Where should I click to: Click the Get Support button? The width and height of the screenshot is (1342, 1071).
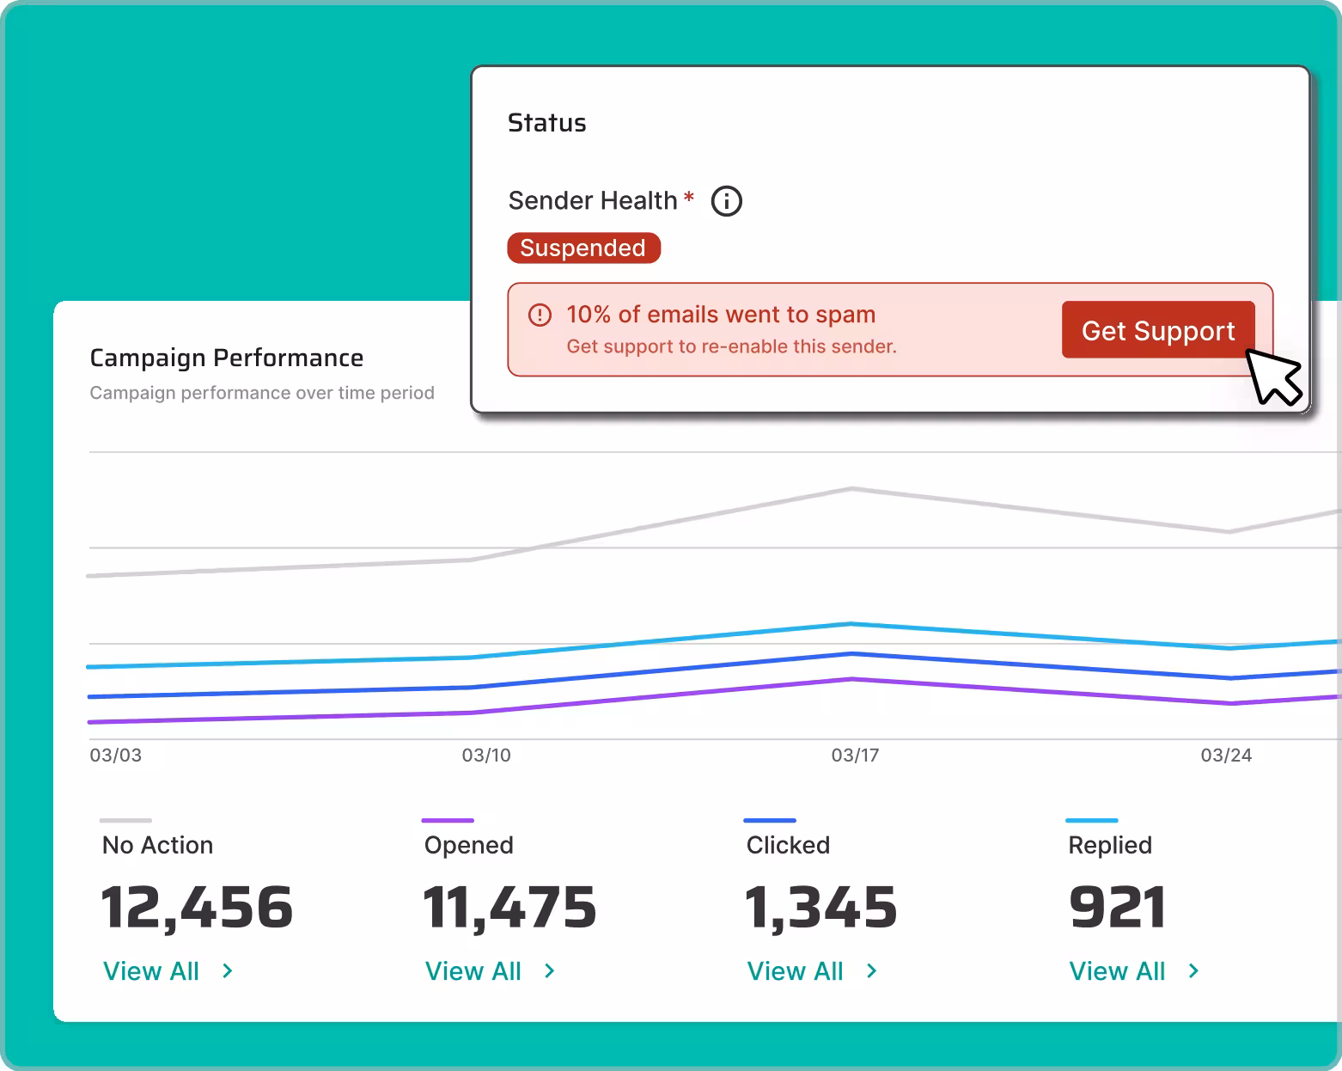coord(1157,330)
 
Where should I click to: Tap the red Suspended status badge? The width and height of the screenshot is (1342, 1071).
coord(583,248)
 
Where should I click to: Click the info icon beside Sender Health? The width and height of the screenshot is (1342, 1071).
coord(726,201)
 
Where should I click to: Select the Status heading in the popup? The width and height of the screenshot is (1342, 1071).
coord(546,123)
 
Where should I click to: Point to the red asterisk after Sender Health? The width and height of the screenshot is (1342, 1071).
coord(688,199)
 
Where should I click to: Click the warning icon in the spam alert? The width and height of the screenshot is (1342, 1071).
coord(540,315)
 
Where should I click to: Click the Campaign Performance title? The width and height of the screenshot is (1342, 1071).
coord(226,358)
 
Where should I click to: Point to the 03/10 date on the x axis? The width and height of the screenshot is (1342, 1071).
coord(486,756)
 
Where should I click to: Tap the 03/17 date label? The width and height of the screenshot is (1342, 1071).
coord(855,756)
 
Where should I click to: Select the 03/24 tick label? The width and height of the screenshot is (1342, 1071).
coord(1226,756)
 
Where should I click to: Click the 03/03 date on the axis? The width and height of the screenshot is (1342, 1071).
coord(116,756)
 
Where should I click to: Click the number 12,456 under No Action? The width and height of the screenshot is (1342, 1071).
coord(197,908)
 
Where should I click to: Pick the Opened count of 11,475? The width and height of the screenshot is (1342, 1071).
coord(509,908)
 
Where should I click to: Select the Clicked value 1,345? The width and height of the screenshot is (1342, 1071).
coord(821,908)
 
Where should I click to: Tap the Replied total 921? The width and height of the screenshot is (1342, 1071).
coord(1117,908)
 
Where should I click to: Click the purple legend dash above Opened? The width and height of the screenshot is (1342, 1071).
coord(448,820)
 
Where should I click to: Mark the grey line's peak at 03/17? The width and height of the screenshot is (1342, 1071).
coord(851,489)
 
